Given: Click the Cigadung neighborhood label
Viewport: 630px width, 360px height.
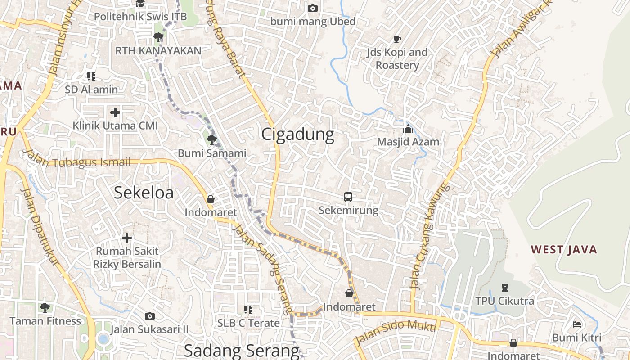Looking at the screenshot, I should tap(298, 134).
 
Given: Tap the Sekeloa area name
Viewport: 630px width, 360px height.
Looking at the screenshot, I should tap(144, 193).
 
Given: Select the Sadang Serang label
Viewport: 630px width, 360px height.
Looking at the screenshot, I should tap(241, 351).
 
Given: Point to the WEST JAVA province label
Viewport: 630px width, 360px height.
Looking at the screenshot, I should tap(564, 249).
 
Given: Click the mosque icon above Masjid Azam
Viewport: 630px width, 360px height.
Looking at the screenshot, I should tap(408, 129).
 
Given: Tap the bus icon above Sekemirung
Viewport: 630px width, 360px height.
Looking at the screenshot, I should tap(348, 197).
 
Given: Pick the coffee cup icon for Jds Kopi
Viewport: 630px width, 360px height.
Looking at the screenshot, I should tap(397, 40).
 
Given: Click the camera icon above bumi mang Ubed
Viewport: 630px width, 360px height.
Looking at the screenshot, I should tap(312, 8).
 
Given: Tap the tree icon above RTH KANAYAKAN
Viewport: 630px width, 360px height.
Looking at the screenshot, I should tap(158, 37).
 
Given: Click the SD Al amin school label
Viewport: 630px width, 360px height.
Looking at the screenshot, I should tap(91, 90).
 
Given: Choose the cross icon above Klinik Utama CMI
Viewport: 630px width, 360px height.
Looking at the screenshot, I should tap(115, 112).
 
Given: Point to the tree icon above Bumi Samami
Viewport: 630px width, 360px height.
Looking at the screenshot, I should tap(212, 139).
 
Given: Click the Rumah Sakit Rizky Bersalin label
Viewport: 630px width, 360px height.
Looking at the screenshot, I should tap(127, 257).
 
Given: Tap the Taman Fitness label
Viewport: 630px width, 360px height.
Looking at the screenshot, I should tap(45, 321).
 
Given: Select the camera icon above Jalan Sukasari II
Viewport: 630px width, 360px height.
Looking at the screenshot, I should tap(150, 316).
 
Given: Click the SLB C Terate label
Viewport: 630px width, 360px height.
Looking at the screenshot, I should tap(248, 323).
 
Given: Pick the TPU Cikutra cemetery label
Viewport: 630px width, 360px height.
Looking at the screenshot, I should tap(505, 301).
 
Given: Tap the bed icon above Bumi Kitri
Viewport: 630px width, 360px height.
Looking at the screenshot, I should tap(577, 324).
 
